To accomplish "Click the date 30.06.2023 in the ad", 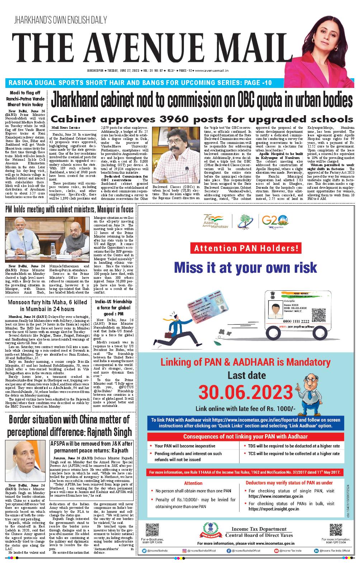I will pos(246,393).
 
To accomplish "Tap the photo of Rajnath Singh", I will pos(26,460).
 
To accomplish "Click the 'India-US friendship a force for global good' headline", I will pos(113,308).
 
